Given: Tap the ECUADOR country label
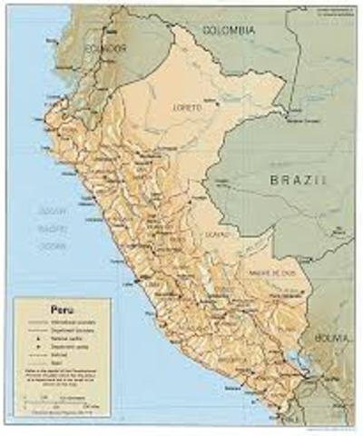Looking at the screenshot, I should [x=100, y=48].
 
